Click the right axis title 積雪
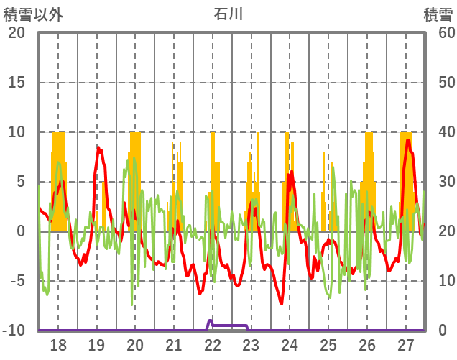coord(437,14)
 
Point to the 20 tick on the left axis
coord(17,33)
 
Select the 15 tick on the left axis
coord(17,83)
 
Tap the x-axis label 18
coord(58,344)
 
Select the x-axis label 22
coord(212,344)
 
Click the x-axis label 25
coord(328,344)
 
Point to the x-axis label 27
coord(406,344)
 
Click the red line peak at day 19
coord(99,149)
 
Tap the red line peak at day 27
coord(408,140)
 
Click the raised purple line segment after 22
coord(230,326)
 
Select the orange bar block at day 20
coord(135,180)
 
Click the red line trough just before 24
coord(282,303)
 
